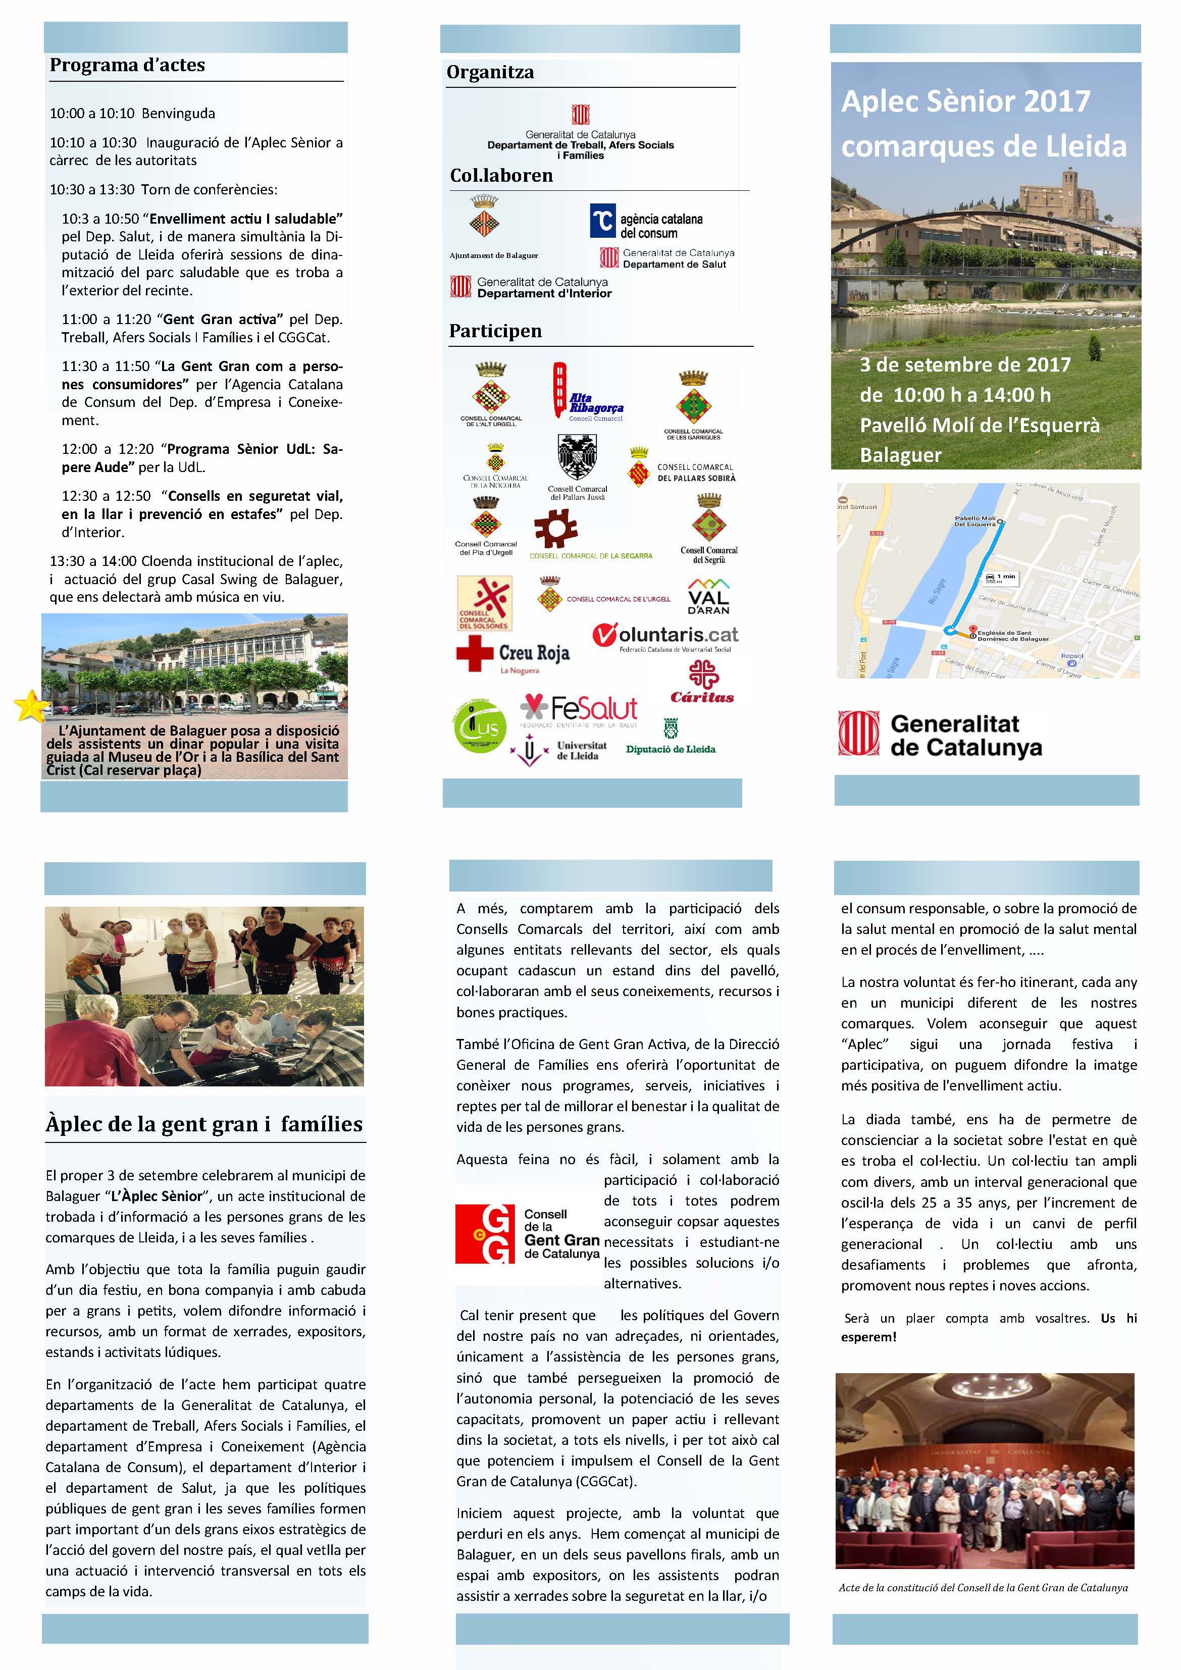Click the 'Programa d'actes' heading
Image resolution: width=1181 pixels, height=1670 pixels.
click(127, 65)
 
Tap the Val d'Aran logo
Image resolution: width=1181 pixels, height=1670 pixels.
click(708, 596)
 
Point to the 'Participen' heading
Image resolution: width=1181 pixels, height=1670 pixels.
click(495, 331)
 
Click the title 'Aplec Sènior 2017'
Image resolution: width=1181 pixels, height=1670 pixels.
click(965, 101)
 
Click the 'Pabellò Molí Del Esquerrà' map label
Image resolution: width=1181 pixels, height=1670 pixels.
click(974, 521)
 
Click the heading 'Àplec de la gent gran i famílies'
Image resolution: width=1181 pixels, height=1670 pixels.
click(204, 1124)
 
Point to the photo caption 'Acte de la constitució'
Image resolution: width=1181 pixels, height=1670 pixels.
click(983, 1587)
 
